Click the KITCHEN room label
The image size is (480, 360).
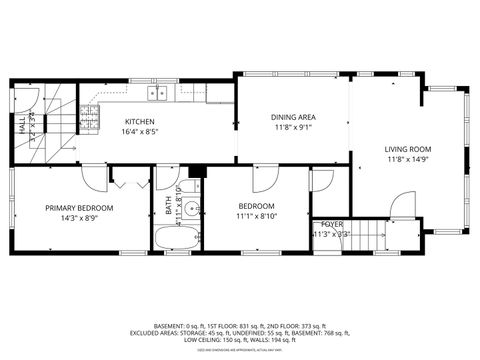(x=139, y=120)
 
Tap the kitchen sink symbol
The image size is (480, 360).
(x=157, y=93)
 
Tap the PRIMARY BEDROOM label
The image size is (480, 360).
(x=79, y=207)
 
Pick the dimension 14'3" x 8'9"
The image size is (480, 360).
(x=79, y=217)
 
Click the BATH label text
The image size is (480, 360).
(x=168, y=209)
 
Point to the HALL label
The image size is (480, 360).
(x=21, y=124)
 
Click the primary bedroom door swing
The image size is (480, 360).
(x=96, y=180)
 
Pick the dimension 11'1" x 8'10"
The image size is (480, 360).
(x=257, y=216)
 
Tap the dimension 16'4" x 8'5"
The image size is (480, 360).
(x=139, y=131)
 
